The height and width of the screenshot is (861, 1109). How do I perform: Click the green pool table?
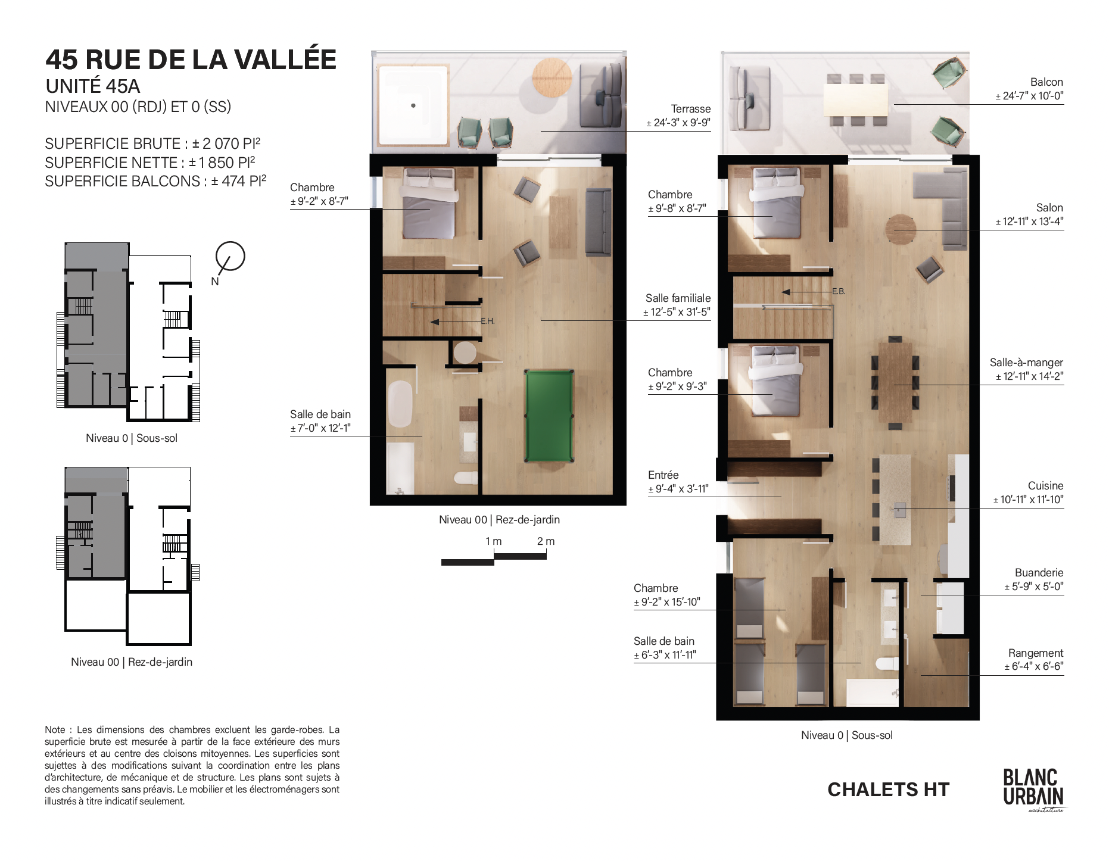(549, 416)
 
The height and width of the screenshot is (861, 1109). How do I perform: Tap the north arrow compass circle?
(230, 256)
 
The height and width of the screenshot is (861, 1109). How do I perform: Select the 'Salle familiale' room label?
(678, 298)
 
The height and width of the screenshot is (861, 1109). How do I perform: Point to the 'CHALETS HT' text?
(888, 790)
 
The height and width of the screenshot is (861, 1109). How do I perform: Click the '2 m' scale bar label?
(546, 541)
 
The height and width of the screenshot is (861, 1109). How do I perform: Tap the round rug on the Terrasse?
(552, 77)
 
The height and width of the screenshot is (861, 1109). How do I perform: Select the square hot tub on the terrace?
(413, 105)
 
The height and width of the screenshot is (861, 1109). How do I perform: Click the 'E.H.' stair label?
(488, 321)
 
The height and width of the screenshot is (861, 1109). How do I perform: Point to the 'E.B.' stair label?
(839, 291)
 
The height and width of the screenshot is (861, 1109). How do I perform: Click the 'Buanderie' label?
(1039, 573)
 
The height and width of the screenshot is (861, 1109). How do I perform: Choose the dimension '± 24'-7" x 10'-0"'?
(1029, 96)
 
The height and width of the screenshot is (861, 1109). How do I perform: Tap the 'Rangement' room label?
(1035, 653)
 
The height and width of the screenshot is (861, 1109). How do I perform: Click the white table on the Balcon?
(855, 100)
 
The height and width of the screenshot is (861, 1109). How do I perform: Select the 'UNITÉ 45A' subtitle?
(93, 86)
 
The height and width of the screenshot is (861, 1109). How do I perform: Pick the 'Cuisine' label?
(1045, 486)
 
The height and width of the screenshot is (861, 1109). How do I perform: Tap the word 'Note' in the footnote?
(55, 730)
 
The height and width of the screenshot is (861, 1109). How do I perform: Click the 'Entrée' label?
(663, 475)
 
